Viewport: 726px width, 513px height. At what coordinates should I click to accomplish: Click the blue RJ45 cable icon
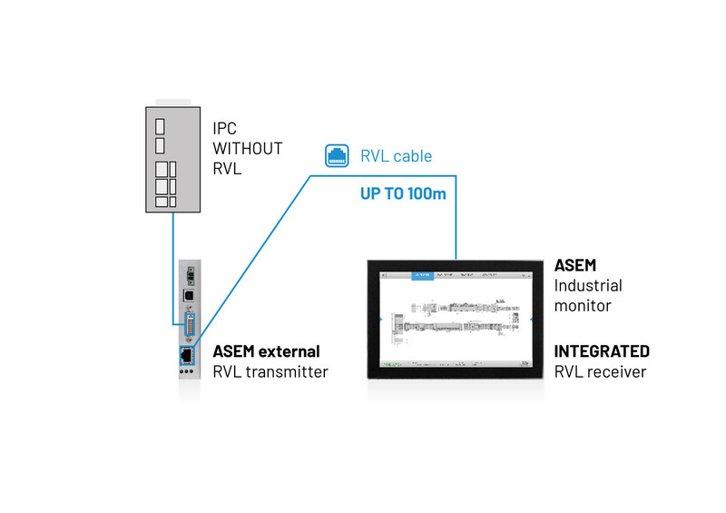337,155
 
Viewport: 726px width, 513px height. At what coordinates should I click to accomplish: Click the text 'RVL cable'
397,156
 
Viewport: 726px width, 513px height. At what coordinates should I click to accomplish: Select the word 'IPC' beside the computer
225,129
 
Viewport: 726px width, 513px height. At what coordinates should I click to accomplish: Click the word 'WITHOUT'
247,148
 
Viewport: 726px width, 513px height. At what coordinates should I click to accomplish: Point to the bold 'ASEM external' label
266,351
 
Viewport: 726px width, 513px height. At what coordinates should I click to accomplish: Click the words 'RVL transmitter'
270,371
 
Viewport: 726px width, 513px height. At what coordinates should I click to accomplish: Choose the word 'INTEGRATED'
602,351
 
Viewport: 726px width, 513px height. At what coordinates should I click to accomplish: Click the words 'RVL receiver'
601,371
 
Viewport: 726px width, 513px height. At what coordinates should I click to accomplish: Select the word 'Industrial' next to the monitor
588,285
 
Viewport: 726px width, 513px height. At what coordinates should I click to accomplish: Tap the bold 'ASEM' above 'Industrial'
574,265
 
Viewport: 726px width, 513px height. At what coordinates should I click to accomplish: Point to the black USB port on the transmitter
188,296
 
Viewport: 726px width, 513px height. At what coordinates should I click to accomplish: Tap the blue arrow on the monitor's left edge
378,320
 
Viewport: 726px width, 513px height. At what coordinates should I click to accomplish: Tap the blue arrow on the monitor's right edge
532,320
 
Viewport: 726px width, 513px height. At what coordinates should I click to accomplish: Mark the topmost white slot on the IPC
160,124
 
